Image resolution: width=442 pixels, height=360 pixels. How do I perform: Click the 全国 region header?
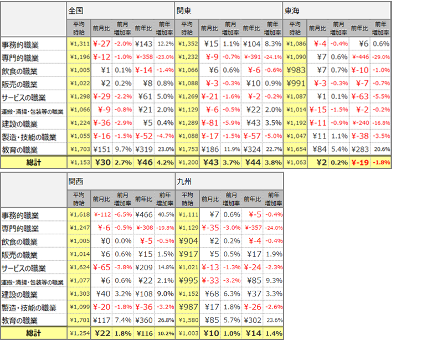76,11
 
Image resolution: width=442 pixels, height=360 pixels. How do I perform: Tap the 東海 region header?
292,11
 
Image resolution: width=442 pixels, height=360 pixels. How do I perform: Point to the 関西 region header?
76,181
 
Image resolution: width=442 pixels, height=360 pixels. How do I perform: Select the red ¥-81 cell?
210,124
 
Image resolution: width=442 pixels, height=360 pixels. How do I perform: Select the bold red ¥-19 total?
361,163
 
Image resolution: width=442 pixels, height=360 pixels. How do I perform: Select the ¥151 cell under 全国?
102,150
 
